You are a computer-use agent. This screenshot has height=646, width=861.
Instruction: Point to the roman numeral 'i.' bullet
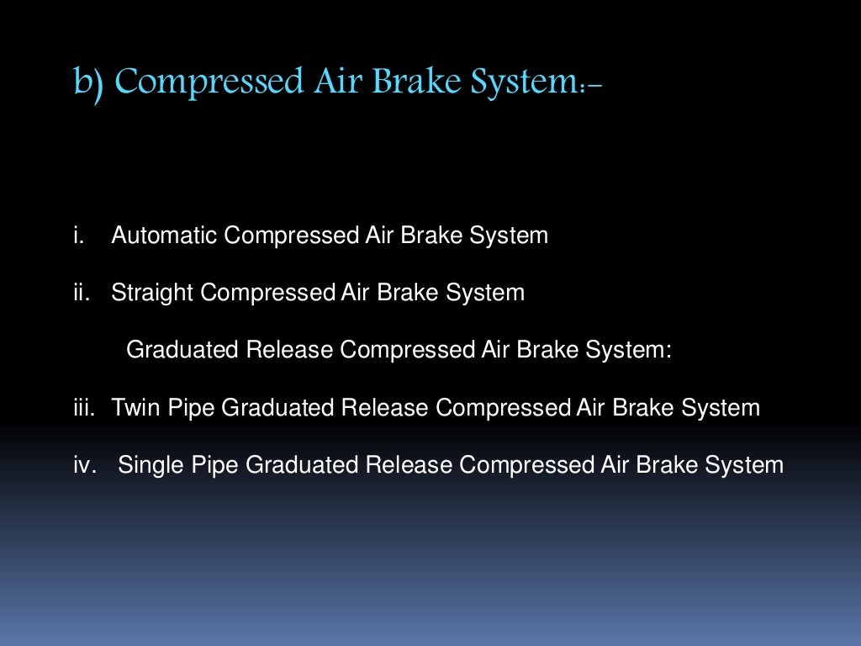(79, 236)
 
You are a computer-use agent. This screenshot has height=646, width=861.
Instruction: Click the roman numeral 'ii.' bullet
(81, 293)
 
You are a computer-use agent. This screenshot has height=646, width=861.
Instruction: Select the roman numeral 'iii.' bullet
(83, 408)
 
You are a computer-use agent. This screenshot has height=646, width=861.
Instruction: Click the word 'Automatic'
(164, 236)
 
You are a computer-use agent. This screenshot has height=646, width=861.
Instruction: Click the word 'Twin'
(135, 408)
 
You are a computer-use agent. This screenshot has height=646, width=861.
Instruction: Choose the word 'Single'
(150, 465)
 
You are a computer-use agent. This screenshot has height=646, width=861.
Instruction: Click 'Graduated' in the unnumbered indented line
(182, 350)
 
